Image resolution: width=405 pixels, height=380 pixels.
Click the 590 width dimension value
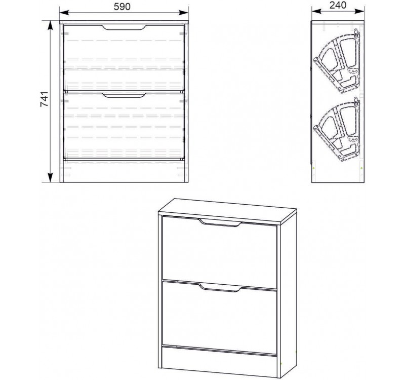pyautogui.click(x=122, y=7)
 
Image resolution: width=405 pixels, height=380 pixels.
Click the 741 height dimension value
pyautogui.click(x=44, y=99)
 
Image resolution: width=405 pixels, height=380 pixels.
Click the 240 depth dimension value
pyautogui.click(x=338, y=5)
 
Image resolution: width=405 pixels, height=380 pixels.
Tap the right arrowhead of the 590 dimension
pyautogui.click(x=183, y=12)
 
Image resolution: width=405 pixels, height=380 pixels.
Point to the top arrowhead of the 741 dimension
pyautogui.click(x=50, y=26)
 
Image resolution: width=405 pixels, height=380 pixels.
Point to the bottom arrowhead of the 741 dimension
pyautogui.click(x=50, y=177)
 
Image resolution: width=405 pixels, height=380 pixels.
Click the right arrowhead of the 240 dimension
pyautogui.click(x=360, y=11)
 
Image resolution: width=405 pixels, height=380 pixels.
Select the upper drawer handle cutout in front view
pyautogui.click(x=125, y=28)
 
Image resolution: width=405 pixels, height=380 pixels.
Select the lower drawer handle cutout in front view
pyautogui.click(x=125, y=95)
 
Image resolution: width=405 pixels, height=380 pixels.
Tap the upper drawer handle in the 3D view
pyautogui.click(x=220, y=223)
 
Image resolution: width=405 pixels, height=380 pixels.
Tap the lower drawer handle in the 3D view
pyautogui.click(x=220, y=288)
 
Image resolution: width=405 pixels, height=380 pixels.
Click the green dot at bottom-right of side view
pyautogui.click(x=361, y=168)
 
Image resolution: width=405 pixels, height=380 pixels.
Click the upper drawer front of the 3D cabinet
pyautogui.click(x=220, y=252)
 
